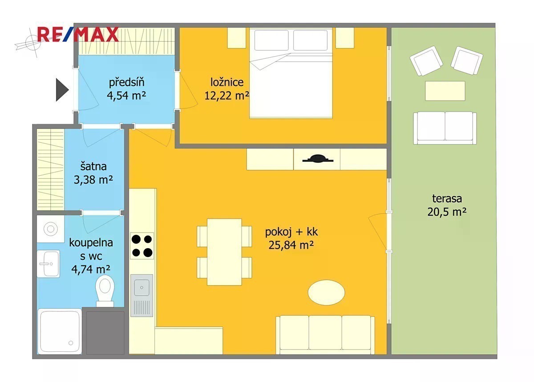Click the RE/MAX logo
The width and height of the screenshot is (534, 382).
click(78, 35)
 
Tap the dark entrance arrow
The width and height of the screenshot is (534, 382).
click(62, 90)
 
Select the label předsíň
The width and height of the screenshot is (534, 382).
click(126, 82)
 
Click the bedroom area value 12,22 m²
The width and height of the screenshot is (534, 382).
click(227, 96)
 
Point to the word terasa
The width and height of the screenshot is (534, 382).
click(447, 198)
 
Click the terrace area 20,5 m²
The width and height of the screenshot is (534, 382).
click(447, 212)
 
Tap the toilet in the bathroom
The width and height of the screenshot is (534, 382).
click(105, 291)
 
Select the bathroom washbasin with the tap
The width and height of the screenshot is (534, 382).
click(48, 264)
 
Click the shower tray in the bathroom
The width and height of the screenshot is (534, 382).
click(60, 331)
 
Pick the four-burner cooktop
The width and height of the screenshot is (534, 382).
click(142, 245)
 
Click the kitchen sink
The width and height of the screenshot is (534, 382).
click(142, 295)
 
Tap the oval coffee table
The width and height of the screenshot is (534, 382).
click(326, 292)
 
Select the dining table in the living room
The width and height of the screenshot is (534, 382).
click(224, 252)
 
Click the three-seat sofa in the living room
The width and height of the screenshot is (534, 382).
click(325, 335)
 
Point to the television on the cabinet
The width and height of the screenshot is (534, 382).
click(318, 159)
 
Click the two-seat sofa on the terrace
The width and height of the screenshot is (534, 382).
click(445, 128)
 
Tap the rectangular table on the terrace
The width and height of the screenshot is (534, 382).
click(445, 91)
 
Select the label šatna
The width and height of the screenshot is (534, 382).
click(93, 166)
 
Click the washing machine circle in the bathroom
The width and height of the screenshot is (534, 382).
click(51, 229)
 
